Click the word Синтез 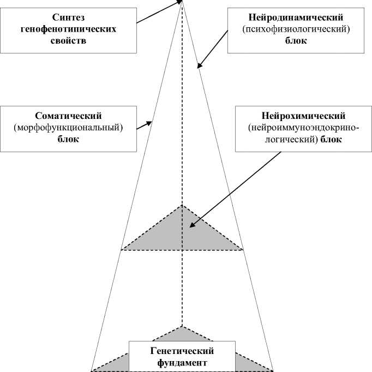[68, 17]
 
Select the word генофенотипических [68, 28]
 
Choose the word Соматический [68, 116]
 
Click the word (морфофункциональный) [68, 128]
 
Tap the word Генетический [182, 351]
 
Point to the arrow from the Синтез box [158, 12]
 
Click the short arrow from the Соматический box [143, 125]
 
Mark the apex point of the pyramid [182, 2]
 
